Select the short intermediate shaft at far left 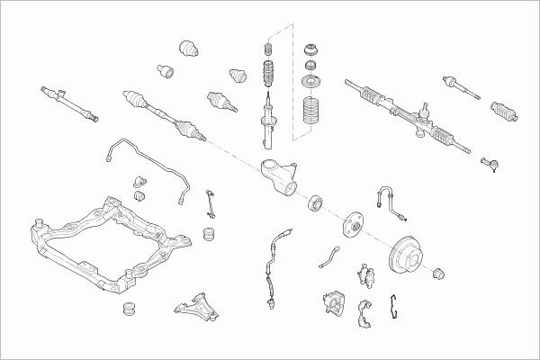coord(68,102)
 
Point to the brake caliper coord(330,303)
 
